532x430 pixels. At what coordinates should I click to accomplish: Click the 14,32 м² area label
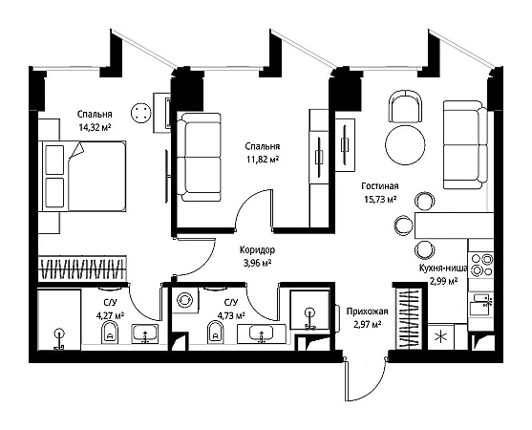tap(95, 128)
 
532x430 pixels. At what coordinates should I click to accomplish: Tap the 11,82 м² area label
tap(263, 160)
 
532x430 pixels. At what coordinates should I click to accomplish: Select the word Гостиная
tap(380, 186)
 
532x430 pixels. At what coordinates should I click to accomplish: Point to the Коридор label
tap(257, 250)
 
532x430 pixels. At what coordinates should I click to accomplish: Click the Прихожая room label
tap(367, 312)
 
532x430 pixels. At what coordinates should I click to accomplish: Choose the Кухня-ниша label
tap(443, 268)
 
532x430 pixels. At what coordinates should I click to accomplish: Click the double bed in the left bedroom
tap(82, 177)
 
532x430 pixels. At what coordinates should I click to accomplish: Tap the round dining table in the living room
tap(405, 144)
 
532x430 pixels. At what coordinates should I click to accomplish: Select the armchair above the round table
tap(405, 106)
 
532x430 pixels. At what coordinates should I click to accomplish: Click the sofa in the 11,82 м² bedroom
tap(200, 157)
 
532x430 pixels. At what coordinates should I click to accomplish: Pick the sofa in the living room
tap(465, 145)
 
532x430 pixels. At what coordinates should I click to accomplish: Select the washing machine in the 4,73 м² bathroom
tap(185, 300)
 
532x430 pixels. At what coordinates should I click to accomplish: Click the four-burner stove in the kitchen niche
tap(480, 265)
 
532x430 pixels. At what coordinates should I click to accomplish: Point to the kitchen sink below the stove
tap(480, 305)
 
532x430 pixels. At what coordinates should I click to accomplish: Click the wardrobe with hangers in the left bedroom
tap(82, 269)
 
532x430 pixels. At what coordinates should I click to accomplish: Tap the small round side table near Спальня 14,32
tap(141, 113)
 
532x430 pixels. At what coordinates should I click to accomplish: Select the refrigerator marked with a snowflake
tap(440, 337)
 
